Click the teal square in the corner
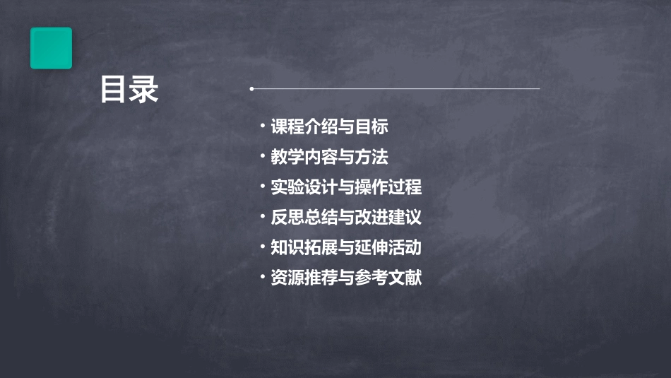51,48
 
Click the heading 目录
129,90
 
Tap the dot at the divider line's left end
251,89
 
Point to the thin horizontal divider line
396,89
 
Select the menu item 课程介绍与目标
329,127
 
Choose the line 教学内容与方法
329,157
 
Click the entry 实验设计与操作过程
346,187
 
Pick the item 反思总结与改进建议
346,217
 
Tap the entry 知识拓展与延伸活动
346,247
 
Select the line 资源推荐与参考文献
346,278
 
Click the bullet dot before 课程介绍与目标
262,126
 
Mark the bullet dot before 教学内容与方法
262,156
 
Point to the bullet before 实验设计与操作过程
262,187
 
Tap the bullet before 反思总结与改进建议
262,216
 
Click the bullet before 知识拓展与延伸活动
262,247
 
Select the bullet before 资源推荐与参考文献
262,277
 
